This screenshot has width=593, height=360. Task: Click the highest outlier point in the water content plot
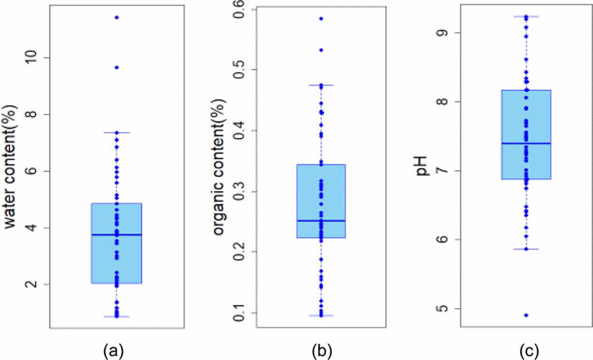click(x=116, y=17)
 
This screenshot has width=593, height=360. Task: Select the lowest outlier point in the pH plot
click(x=526, y=315)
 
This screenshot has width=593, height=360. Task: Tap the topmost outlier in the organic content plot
click(x=321, y=18)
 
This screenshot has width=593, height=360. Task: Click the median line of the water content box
click(x=116, y=235)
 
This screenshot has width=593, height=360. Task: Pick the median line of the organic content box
click(x=321, y=221)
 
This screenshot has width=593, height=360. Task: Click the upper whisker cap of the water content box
click(x=116, y=132)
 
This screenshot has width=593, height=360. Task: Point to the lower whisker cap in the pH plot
click(x=526, y=249)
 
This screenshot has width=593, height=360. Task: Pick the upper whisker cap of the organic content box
click(x=321, y=85)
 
